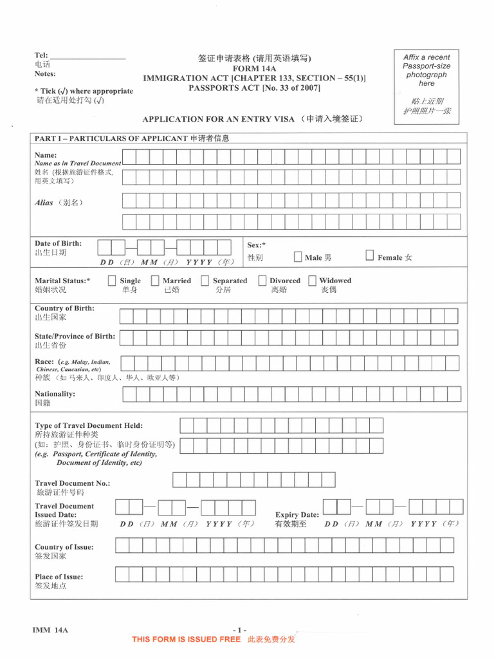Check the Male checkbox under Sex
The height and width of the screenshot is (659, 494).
point(297,256)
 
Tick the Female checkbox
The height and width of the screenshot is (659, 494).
point(369,255)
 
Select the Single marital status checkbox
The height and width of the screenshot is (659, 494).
point(112,281)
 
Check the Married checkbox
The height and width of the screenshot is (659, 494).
point(155,281)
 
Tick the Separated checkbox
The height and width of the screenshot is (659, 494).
point(205,281)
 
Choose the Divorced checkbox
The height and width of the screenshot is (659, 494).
point(262,281)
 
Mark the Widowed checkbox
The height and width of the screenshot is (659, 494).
point(312,281)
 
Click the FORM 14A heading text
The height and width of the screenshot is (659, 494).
point(254,68)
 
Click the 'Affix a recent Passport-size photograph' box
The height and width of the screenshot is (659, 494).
point(426,86)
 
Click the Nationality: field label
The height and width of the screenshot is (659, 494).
point(55,393)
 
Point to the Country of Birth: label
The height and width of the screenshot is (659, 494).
point(64,308)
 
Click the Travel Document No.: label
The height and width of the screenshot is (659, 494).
point(72,483)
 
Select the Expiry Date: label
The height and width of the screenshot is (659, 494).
point(297,515)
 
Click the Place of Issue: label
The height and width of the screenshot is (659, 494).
point(59,577)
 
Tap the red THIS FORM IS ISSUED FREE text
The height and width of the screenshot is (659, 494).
point(186,639)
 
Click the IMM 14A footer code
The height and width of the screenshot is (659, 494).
point(50,630)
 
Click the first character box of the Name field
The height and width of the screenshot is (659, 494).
point(129,156)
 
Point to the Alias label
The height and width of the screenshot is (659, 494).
point(44,202)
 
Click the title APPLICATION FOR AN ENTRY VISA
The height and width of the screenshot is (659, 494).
point(218,119)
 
